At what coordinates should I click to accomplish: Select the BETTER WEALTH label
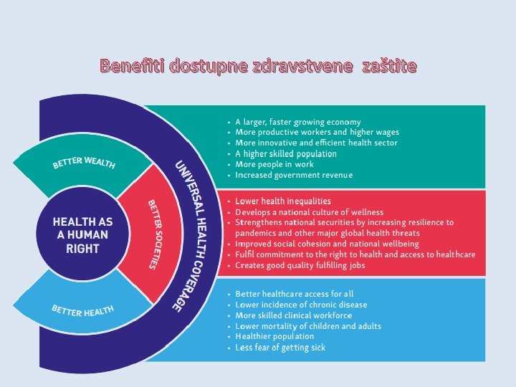click(x=84, y=161)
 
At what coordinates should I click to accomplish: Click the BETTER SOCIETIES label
click(x=153, y=234)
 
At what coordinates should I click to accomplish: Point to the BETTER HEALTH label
click(x=83, y=310)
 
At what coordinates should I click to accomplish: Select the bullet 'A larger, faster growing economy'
click(x=297, y=122)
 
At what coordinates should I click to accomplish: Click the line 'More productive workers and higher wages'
click(x=317, y=133)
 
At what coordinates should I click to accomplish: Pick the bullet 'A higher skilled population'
click(x=285, y=153)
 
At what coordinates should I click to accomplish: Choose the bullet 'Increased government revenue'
click(x=294, y=175)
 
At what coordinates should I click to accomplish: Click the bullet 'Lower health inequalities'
click(x=283, y=201)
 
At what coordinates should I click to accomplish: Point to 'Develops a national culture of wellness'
click(x=309, y=212)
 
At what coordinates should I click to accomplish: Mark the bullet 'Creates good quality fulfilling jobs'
click(x=300, y=265)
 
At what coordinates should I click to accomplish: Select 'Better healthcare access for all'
click(x=294, y=294)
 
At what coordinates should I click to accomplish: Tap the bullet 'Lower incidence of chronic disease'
click(x=301, y=305)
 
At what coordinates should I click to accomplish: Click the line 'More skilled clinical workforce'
click(x=293, y=315)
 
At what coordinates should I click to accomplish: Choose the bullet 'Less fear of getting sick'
click(x=280, y=348)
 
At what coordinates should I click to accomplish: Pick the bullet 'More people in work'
click(x=274, y=164)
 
